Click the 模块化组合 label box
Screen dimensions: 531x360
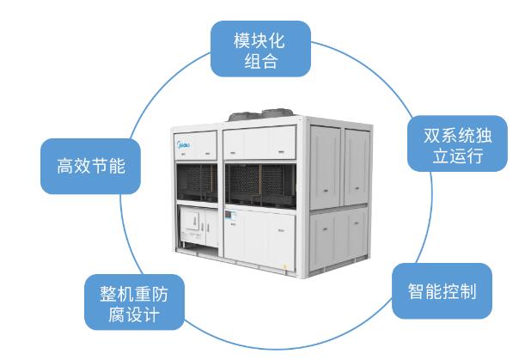pyautogui.click(x=260, y=49)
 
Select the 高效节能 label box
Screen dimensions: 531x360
pyautogui.click(x=90, y=167)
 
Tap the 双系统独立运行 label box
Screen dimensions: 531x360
pyautogui.click(x=457, y=143)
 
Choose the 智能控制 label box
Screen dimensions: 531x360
pyautogui.click(x=442, y=291)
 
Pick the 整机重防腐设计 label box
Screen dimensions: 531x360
pyautogui.click(x=134, y=302)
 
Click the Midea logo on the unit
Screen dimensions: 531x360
pyautogui.click(x=184, y=145)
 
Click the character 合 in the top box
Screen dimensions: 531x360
pyautogui.click(x=270, y=61)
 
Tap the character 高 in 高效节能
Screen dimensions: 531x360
pyautogui.click(x=65, y=167)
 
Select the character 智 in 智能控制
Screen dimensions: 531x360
pyautogui.click(x=416, y=291)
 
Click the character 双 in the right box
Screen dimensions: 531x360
pyautogui.click(x=432, y=136)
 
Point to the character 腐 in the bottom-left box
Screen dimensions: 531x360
pyautogui.click(x=117, y=314)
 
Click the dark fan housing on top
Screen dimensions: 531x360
pyautogui.click(x=261, y=114)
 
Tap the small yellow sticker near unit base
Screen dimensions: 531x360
pyautogui.click(x=284, y=266)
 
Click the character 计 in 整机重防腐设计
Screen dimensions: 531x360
pyautogui.click(x=150, y=314)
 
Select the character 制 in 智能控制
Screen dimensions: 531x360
pyautogui.click(x=467, y=291)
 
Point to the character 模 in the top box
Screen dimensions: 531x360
pyautogui.click(x=242, y=40)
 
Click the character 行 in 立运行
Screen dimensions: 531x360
pyautogui.click(x=475, y=156)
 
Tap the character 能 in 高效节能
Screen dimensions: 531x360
pyautogui.click(x=117, y=167)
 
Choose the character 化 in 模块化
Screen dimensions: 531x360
pyautogui.click(x=277, y=40)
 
